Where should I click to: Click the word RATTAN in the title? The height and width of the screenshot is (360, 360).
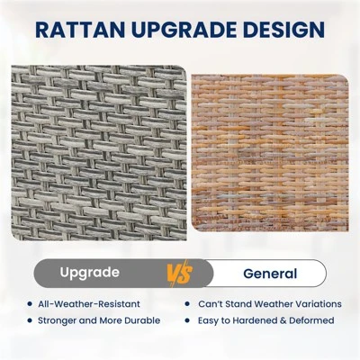pos(80,30)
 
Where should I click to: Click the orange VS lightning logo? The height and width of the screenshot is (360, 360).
pos(180,273)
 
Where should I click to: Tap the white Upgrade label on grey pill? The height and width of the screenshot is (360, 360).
pos(90,273)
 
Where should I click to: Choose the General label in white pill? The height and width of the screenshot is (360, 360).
pos(270,274)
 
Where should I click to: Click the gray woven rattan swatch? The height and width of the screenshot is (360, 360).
pos(99,153)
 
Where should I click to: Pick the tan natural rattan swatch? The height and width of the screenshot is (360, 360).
pos(270,153)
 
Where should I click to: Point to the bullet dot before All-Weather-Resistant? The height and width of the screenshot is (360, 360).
pos(30,304)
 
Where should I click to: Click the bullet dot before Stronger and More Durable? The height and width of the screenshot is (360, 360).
pos(30,320)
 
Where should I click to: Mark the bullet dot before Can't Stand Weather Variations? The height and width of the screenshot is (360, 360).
pos(187,304)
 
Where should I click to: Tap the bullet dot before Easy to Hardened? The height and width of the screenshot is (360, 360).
pos(187,320)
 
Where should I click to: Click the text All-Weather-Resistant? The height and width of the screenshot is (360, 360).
pos(89,304)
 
